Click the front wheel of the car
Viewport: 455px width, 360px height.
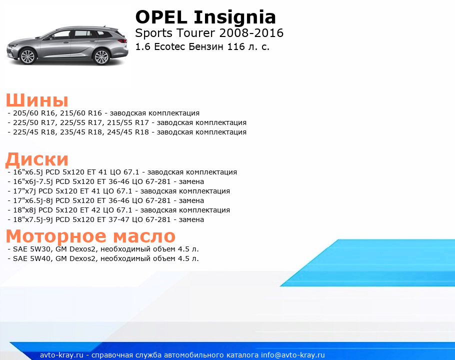(x=28, y=56)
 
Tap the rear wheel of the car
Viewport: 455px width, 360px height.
(x=102, y=56)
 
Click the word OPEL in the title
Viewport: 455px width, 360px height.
(x=161, y=17)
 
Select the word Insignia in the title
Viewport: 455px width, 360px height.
(x=234, y=18)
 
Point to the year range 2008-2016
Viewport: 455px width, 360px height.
(x=251, y=33)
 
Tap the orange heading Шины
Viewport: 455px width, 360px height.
(x=37, y=100)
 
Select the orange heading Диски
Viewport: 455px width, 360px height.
(x=37, y=159)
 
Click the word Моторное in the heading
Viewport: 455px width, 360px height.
(x=56, y=235)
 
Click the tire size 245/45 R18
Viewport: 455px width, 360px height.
(x=128, y=132)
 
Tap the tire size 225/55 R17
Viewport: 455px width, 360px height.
(x=81, y=122)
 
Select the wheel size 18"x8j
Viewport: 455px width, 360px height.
(x=24, y=210)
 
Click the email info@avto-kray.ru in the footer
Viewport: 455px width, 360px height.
(x=293, y=355)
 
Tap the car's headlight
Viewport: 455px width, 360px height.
(x=12, y=45)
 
